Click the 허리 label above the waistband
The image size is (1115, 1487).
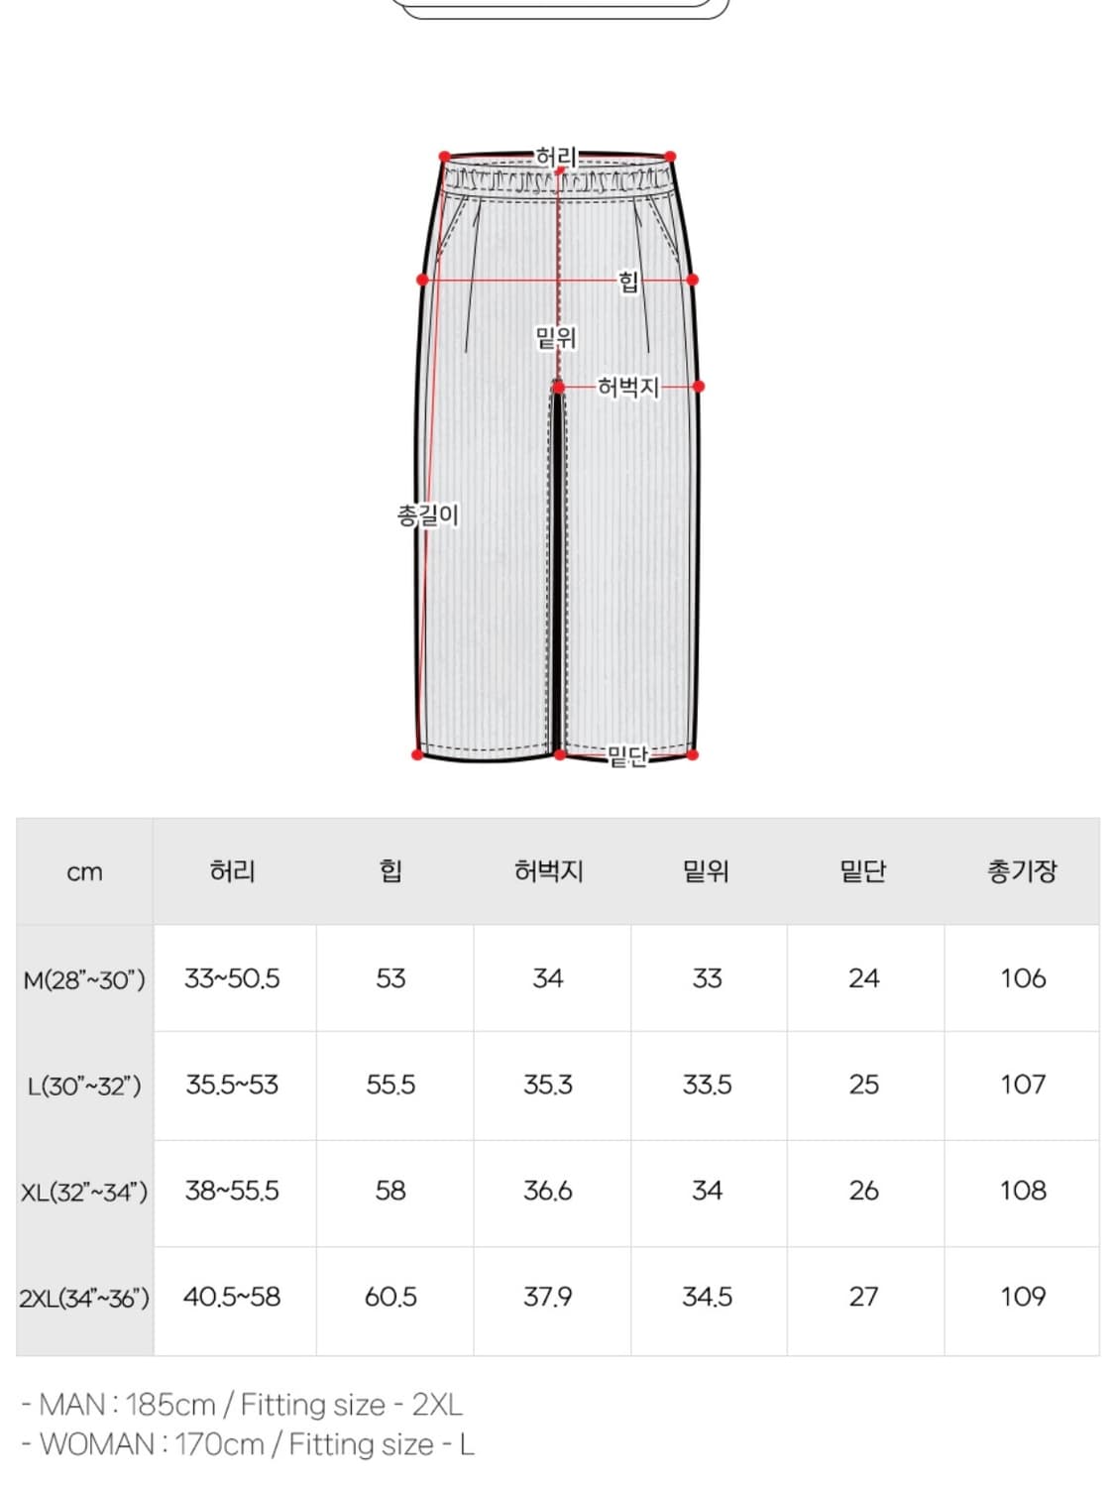pos(556,157)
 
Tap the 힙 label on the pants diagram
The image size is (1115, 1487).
pos(628,282)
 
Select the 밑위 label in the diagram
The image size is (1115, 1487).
pos(556,338)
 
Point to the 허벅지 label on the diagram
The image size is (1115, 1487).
pos(628,387)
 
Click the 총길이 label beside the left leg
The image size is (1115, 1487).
pos(427,515)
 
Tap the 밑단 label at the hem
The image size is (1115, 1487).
pos(627,756)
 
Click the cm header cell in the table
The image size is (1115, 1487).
pos(84,872)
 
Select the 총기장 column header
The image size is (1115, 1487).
pos(1022,871)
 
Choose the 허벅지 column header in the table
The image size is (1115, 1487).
pos(548,871)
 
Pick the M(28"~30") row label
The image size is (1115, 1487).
pos(84,979)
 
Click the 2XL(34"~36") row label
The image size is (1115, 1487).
pos(84,1298)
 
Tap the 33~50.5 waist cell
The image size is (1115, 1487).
pos(232,978)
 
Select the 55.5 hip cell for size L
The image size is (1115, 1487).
pos(390,1085)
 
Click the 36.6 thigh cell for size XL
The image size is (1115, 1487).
pos(548,1191)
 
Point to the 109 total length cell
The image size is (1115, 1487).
pos(1022,1297)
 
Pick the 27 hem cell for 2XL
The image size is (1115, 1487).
pos(863,1297)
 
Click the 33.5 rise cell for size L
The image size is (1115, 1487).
pos(707,1085)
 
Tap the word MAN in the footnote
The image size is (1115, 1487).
pos(72,1405)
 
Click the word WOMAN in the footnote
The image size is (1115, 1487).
pos(97,1444)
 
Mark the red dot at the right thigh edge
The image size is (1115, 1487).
pos(699,386)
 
